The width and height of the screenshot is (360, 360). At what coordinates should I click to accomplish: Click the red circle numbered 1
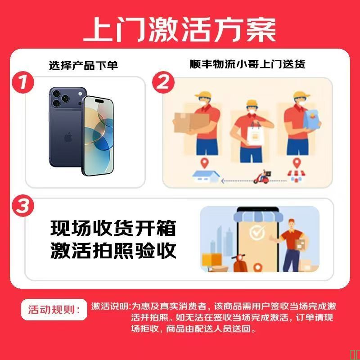23,82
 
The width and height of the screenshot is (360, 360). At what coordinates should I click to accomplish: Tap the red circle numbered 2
163,82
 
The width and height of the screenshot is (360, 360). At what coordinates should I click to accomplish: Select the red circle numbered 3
23,206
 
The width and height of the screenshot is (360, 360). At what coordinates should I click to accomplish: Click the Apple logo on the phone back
68,137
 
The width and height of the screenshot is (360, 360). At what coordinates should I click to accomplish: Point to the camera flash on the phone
80,94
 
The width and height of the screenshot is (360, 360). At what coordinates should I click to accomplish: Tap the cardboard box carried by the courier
191,122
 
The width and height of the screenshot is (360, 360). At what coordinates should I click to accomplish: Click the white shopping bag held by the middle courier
256,135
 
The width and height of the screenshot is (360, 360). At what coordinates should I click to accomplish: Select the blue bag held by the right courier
311,119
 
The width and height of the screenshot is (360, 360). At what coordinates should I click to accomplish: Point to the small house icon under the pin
206,176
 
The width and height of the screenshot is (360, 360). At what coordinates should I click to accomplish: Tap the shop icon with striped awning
296,176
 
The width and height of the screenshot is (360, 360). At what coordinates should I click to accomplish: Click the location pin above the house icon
204,163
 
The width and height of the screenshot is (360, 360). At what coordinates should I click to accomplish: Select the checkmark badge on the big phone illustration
256,232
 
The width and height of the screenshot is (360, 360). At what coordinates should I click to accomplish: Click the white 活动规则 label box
54,310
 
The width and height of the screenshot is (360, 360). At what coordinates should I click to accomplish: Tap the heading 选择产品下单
83,65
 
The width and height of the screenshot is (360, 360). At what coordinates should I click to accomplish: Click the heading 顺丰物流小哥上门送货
247,64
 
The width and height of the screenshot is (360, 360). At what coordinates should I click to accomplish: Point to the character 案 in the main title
261,30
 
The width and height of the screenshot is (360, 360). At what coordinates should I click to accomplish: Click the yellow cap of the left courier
203,95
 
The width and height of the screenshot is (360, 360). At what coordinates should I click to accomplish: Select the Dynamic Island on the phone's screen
99,101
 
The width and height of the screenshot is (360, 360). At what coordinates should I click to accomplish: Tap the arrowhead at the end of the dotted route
222,181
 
